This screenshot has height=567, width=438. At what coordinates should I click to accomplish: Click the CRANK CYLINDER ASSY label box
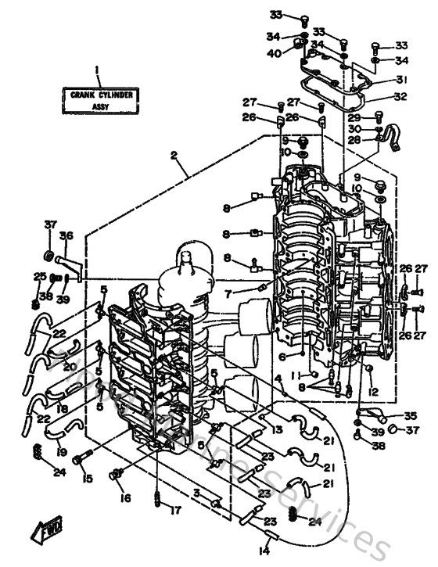98,100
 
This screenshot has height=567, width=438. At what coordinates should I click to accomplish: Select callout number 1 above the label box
98,69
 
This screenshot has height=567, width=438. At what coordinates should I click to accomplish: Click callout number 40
274,53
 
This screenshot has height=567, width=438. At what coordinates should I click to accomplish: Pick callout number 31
401,79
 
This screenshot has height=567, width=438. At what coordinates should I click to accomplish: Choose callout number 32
401,98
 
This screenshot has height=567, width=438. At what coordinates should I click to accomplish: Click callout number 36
66,235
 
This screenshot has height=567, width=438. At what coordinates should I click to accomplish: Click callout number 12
374,391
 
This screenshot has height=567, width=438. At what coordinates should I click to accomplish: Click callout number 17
176,511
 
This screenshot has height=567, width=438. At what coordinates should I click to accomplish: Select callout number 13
278,429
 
